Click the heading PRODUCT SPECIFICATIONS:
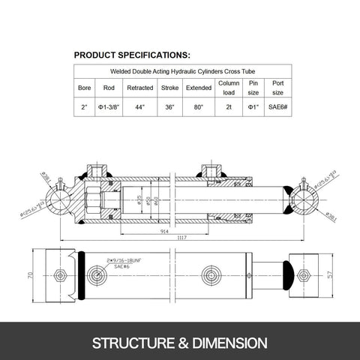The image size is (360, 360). (x=132, y=54)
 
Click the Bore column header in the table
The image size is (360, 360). (x=84, y=87)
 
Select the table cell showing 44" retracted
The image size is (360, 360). (x=140, y=107)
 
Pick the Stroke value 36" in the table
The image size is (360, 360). (x=169, y=107)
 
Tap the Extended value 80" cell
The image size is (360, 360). (x=199, y=107)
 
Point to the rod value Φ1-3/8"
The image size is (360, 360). (x=109, y=107)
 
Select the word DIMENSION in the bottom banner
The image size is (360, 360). (x=226, y=343)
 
